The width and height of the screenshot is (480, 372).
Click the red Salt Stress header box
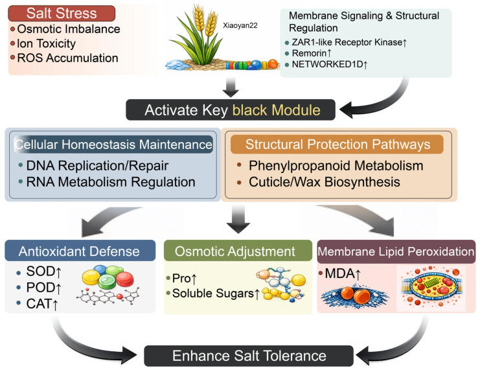point(62,14)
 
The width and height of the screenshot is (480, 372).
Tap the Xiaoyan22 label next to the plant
point(240,25)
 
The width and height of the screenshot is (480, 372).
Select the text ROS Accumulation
point(67,58)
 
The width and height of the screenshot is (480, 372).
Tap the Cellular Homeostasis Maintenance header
point(113,145)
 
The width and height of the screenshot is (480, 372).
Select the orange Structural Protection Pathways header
point(337,145)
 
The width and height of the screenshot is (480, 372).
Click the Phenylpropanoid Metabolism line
point(336,166)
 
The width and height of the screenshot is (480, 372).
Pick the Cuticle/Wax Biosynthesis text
point(324,182)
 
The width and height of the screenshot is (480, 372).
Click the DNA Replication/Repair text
point(97,166)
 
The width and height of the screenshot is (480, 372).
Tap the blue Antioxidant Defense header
point(80,251)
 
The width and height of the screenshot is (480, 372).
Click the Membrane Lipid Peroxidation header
point(396,251)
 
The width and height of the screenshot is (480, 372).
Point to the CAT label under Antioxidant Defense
point(42,304)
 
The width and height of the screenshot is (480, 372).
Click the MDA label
point(343,273)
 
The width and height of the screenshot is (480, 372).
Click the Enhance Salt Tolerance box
point(249,356)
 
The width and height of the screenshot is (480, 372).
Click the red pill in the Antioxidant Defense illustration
point(125,279)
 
